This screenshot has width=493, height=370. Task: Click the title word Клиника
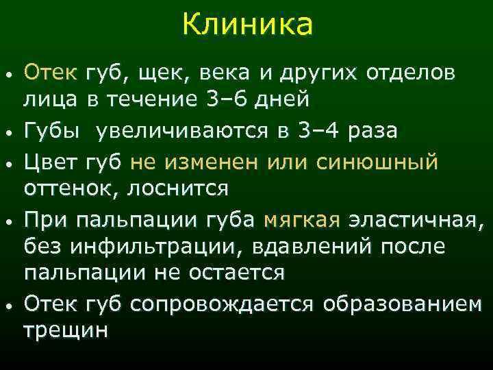click(x=247, y=25)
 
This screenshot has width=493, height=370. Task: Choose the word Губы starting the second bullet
click(x=50, y=130)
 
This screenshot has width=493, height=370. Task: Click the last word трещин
click(x=66, y=330)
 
